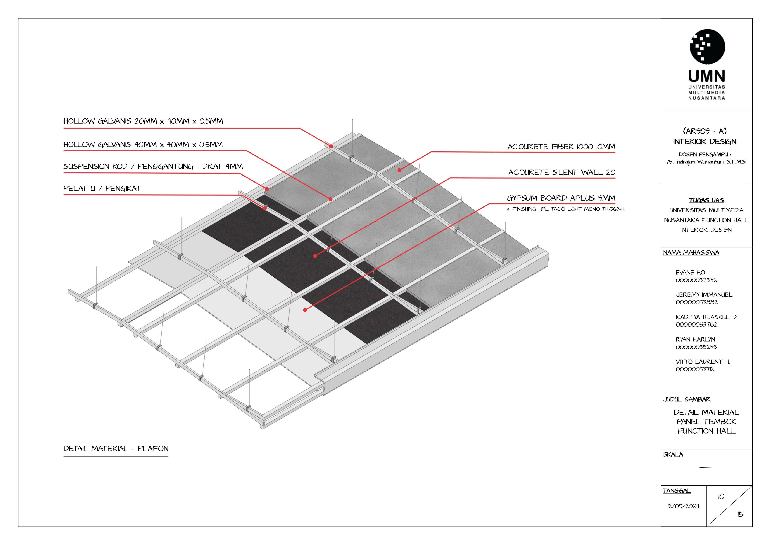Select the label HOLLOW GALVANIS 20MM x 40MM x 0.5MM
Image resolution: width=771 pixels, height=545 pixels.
coord(143,121)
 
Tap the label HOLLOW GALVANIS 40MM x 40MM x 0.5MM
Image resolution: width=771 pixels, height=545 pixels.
coord(143,145)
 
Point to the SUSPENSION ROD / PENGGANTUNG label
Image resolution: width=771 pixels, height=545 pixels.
coord(153,167)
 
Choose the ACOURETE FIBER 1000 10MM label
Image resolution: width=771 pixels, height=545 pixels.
coord(561,147)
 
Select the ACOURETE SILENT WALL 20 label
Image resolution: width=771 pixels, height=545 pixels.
coord(561,173)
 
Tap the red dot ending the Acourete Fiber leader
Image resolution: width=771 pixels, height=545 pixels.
coord(399,170)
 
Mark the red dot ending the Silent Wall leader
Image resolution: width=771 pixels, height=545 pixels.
coord(315,256)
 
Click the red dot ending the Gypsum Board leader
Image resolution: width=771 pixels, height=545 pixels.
coord(305,310)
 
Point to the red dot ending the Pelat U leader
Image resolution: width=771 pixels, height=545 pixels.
coord(265,208)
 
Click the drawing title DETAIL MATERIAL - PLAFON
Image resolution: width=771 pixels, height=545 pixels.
coord(116,449)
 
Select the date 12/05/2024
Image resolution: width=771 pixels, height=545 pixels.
coord(683,506)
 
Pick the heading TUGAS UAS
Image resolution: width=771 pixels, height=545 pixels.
coord(706,200)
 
